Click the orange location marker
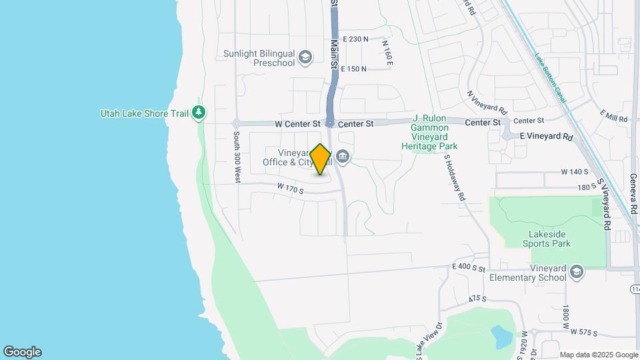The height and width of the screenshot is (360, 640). pos(321,159)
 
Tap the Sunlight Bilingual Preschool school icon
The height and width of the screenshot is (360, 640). pos(306,57)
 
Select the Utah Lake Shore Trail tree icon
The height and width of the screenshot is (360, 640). pos(198,113)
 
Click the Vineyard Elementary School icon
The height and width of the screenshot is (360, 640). pos(577,272)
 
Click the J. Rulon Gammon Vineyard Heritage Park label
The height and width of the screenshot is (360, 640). pos(435,132)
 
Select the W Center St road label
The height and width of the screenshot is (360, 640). pos(297,123)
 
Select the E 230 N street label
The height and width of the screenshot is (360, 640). pos(355,39)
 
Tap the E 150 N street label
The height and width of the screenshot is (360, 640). pos(354,69)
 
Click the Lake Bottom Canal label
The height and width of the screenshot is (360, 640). pos(550,78)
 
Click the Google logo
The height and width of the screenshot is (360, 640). pos(22,351)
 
